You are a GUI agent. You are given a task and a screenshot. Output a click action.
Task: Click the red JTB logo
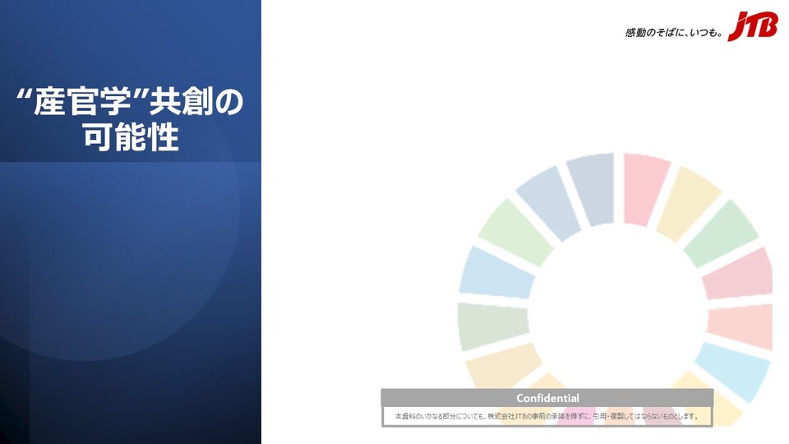[x=753, y=25]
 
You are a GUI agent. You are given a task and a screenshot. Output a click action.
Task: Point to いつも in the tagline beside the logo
[x=704, y=33]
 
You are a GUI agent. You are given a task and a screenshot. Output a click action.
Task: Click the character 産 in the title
[x=48, y=101]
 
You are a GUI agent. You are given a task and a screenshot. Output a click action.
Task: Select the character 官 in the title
[x=83, y=101]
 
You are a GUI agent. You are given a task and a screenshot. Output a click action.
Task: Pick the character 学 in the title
[x=117, y=101]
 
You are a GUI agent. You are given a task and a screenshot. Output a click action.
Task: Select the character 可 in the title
[x=97, y=137]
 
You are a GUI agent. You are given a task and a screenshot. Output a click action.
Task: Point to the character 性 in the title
[x=163, y=137]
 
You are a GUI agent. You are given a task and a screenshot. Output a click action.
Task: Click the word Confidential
[x=547, y=398]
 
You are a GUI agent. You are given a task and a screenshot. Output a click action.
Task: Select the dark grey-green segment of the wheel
[x=492, y=326]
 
